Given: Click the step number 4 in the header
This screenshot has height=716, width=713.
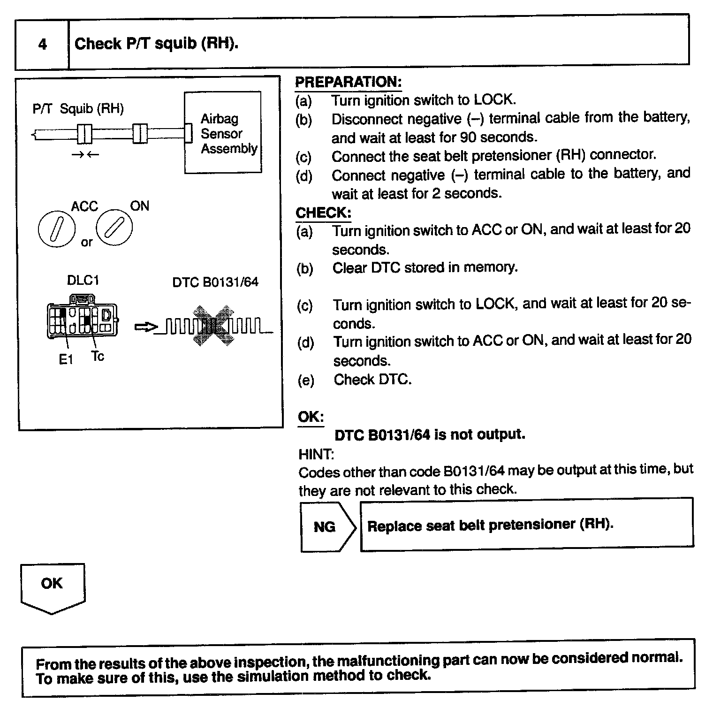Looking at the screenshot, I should tap(42, 45).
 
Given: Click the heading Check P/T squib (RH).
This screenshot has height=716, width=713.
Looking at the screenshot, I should tap(157, 44).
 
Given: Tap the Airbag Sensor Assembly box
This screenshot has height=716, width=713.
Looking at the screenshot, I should tap(223, 133).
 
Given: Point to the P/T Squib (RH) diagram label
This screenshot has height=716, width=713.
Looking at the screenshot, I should tap(78, 109).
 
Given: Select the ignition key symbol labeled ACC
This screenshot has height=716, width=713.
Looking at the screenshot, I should tap(56, 229).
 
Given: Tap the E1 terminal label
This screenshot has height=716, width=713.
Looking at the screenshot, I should tap(66, 359).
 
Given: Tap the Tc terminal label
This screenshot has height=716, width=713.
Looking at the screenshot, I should tap(98, 357).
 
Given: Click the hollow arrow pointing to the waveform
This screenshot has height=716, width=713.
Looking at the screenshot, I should tap(144, 327).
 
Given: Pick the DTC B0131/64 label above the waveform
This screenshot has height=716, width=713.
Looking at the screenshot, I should tap(215, 282).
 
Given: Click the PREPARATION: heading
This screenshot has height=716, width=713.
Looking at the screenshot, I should tap(348, 82).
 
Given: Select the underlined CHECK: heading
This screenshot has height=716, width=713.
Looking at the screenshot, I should tap(323, 213).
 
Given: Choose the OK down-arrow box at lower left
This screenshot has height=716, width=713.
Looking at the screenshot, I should tap(52, 587).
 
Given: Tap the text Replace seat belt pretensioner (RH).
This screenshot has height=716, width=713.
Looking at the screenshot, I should tap(490, 525).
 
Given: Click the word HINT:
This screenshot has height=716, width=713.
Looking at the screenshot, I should tap(316, 454).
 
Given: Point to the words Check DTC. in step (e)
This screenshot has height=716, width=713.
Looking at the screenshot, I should tap(372, 379).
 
